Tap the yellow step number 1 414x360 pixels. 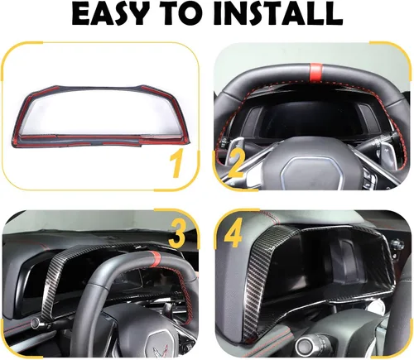pyautogui.click(x=176, y=165)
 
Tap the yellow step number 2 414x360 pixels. pyautogui.click(x=235, y=165)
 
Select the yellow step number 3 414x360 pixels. pyautogui.click(x=176, y=233)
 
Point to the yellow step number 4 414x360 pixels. pyautogui.click(x=233, y=233)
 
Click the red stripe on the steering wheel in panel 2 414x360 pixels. pyautogui.click(x=315, y=72)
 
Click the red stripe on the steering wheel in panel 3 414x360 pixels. pyautogui.click(x=155, y=257)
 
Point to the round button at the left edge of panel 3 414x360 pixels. pyautogui.click(x=36, y=324)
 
